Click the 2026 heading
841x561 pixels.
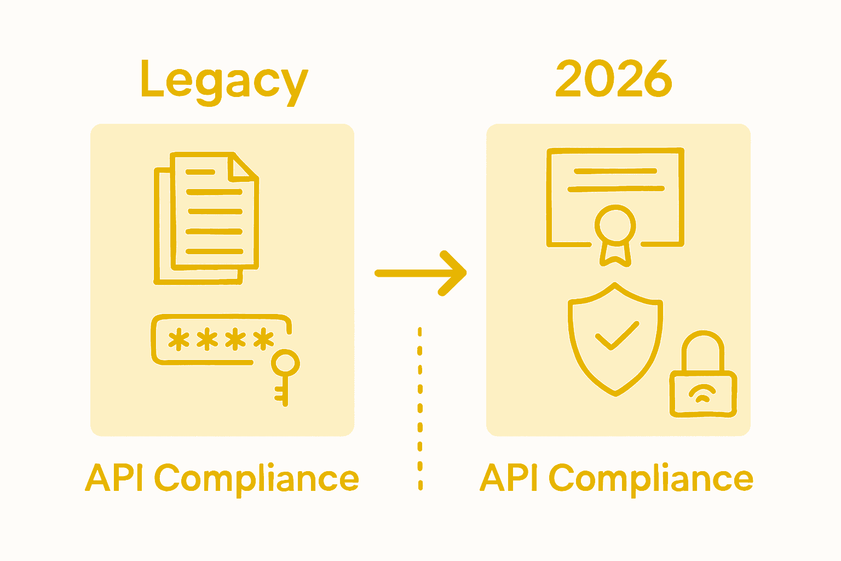[x=614, y=79]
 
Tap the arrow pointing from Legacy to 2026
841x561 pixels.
[x=420, y=272]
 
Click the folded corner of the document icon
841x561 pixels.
[x=242, y=167]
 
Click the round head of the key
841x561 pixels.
[x=285, y=363]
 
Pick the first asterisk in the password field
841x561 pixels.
[x=178, y=340]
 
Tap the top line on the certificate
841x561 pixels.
[x=615, y=171]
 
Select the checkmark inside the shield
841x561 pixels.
[x=616, y=335]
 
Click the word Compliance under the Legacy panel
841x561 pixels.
[x=257, y=479]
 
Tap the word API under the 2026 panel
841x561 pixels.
[x=510, y=478]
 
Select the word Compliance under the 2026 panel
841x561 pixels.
[x=652, y=479]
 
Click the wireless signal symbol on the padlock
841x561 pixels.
[x=702, y=393]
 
